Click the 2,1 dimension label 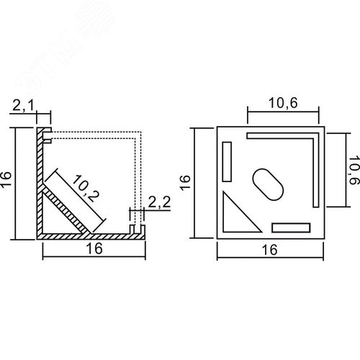(23, 106)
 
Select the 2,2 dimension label (159, 202)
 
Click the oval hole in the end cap (268, 184)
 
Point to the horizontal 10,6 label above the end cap (283, 103)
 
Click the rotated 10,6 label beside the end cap (354, 170)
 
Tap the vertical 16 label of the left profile (6, 179)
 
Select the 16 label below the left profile (94, 248)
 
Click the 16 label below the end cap (270, 250)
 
